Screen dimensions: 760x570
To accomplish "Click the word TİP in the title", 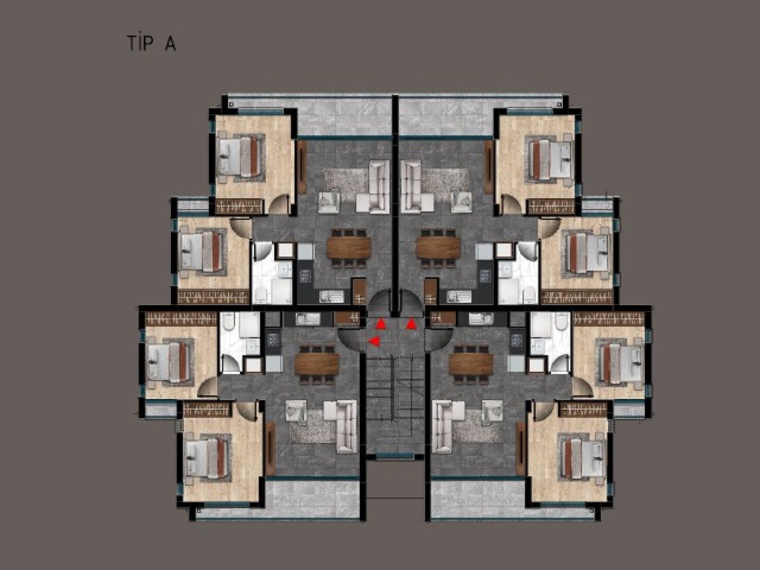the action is tap(140, 43).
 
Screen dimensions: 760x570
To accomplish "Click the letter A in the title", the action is tap(170, 44).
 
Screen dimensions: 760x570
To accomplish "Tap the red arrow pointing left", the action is tap(374, 341).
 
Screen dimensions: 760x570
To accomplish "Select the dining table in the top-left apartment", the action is tap(349, 248).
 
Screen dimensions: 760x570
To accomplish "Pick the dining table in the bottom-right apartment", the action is tap(471, 364).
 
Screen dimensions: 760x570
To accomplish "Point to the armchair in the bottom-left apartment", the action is tap(296, 411).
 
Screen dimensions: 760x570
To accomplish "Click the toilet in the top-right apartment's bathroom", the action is tap(528, 295).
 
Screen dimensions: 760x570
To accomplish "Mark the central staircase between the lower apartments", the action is tap(395, 403).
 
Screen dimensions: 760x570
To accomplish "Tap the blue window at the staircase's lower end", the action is tap(395, 456).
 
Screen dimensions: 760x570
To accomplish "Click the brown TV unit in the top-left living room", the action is tap(302, 167).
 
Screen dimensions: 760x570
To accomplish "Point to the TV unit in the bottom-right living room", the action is tap(521, 448).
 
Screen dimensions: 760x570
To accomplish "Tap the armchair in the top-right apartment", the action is tap(462, 202).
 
